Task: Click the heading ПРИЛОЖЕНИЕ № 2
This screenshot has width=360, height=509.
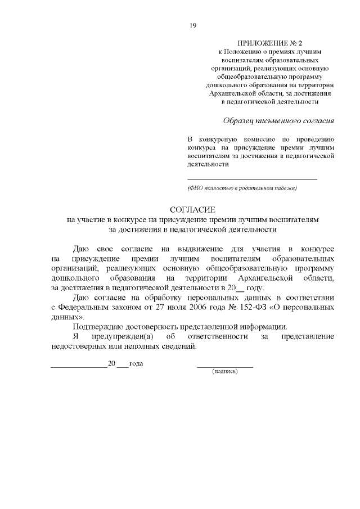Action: [269, 43]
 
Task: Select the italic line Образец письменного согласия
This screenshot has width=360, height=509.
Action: [278, 120]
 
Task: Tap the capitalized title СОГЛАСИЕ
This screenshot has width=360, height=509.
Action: [193, 210]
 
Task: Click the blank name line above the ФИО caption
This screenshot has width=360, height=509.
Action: [251, 179]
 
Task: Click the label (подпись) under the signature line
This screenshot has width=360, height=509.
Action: [224, 372]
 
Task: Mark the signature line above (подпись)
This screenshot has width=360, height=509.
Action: [224, 367]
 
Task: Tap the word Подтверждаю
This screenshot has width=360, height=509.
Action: [100, 327]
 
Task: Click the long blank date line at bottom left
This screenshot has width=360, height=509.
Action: [78, 367]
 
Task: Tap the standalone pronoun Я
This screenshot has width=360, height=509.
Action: [76, 336]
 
